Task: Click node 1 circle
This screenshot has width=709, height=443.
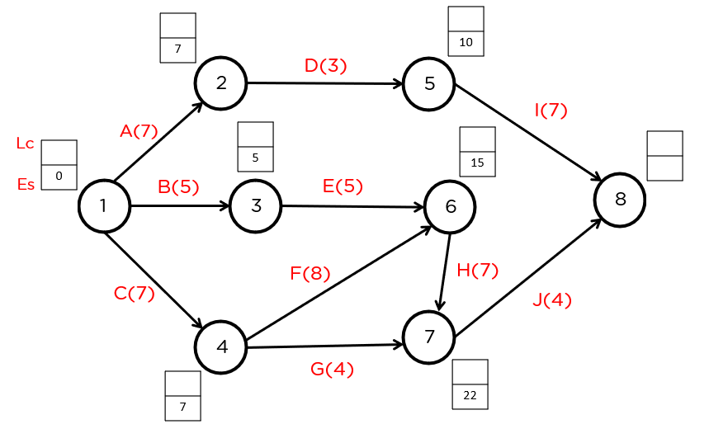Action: [104, 205]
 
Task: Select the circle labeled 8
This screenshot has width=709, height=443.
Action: [620, 199]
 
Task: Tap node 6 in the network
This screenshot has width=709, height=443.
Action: [451, 206]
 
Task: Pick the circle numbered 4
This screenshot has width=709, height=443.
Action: [221, 346]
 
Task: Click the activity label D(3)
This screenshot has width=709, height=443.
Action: [325, 65]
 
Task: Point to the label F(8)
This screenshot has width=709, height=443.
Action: [310, 273]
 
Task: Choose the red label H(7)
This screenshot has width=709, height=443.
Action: [477, 270]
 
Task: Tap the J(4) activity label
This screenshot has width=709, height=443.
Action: [551, 299]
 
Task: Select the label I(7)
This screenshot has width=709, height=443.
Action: [551, 110]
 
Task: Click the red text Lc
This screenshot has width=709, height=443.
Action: [25, 144]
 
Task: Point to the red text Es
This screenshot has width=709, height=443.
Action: [26, 184]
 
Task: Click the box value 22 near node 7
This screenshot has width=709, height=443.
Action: [470, 396]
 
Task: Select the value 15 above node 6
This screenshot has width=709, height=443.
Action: [477, 163]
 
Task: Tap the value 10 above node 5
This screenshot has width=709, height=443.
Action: [466, 43]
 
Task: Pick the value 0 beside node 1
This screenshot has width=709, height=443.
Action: [59, 177]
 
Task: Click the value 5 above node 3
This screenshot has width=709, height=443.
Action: [255, 158]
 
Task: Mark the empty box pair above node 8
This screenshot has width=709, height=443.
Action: [664, 155]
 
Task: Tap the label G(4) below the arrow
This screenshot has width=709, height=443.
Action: [332, 370]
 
